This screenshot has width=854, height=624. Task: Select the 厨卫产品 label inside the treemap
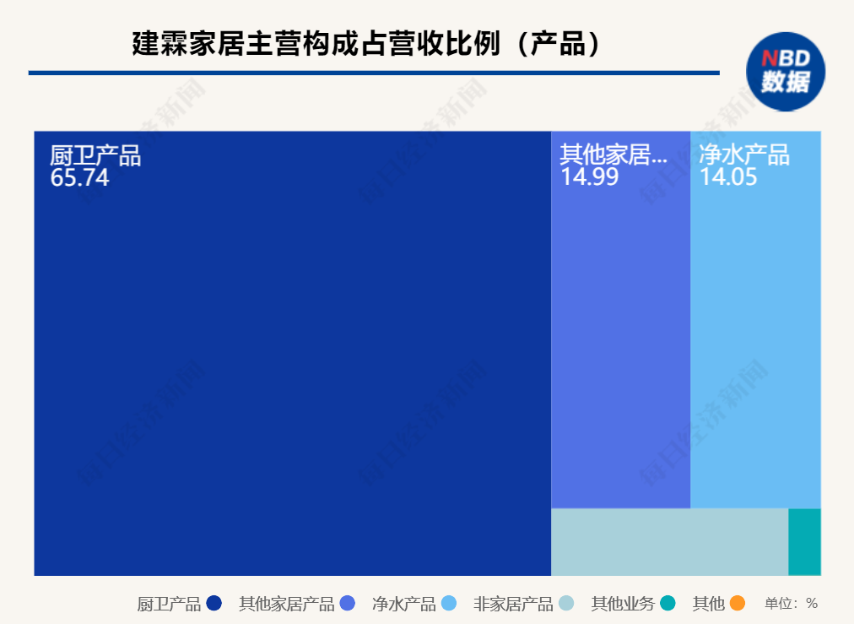click(95, 156)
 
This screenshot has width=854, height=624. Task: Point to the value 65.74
click(79, 178)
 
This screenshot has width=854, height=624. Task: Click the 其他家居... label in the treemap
click(613, 155)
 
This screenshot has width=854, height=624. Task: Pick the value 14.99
click(589, 177)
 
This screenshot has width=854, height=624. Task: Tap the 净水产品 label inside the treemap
click(743, 155)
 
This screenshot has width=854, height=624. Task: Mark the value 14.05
click(727, 177)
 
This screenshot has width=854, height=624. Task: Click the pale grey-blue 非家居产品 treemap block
click(669, 541)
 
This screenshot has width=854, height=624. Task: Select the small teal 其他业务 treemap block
click(804, 541)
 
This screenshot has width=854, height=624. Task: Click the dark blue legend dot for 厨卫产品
click(213, 603)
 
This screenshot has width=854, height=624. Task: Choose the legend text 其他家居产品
click(286, 604)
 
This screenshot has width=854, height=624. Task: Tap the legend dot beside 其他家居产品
click(347, 603)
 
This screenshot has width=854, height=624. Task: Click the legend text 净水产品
click(403, 604)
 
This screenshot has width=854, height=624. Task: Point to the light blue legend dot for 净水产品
click(449, 603)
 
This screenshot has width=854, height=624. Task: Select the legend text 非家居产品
click(513, 604)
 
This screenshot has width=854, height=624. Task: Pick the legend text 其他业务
click(622, 604)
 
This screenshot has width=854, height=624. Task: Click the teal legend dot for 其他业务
click(668, 603)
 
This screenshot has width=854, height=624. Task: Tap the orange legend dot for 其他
click(737, 603)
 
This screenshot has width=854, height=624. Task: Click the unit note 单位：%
click(791, 604)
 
